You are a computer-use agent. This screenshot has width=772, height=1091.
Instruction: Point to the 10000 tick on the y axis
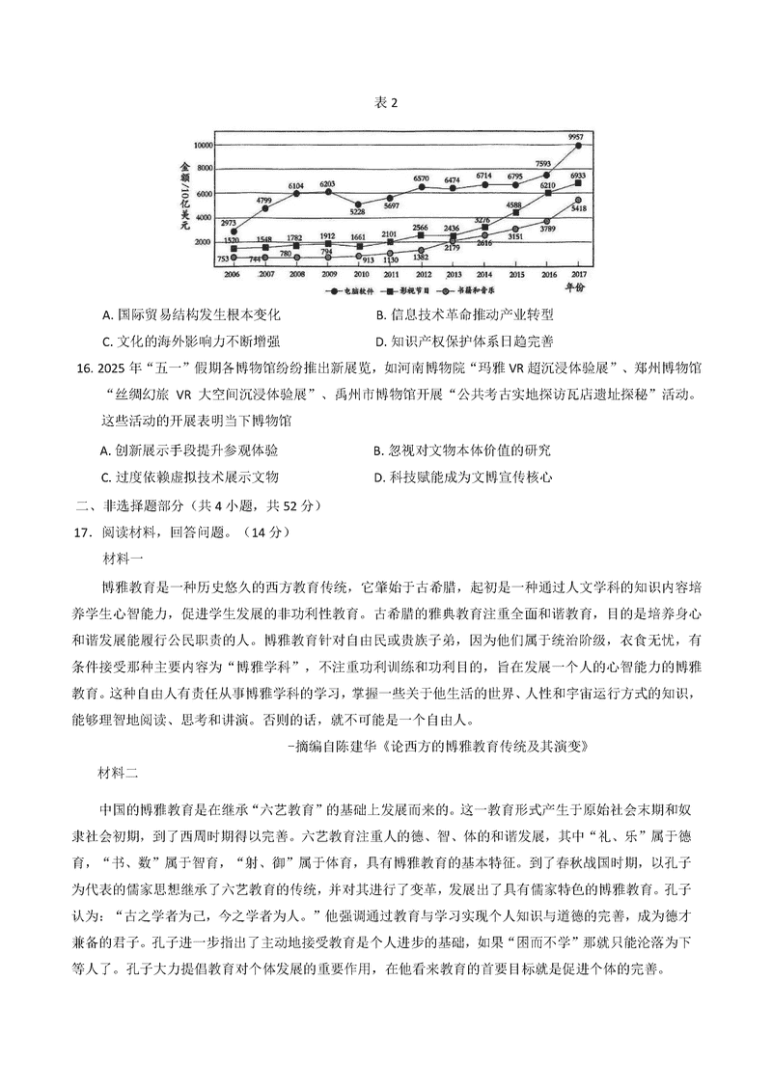[x=203, y=145]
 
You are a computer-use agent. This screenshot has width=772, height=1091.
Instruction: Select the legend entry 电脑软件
[x=354, y=288]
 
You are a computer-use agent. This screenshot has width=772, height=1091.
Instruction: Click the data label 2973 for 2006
[x=228, y=222]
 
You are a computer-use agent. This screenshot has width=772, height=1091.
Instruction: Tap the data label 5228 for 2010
[x=357, y=213]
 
